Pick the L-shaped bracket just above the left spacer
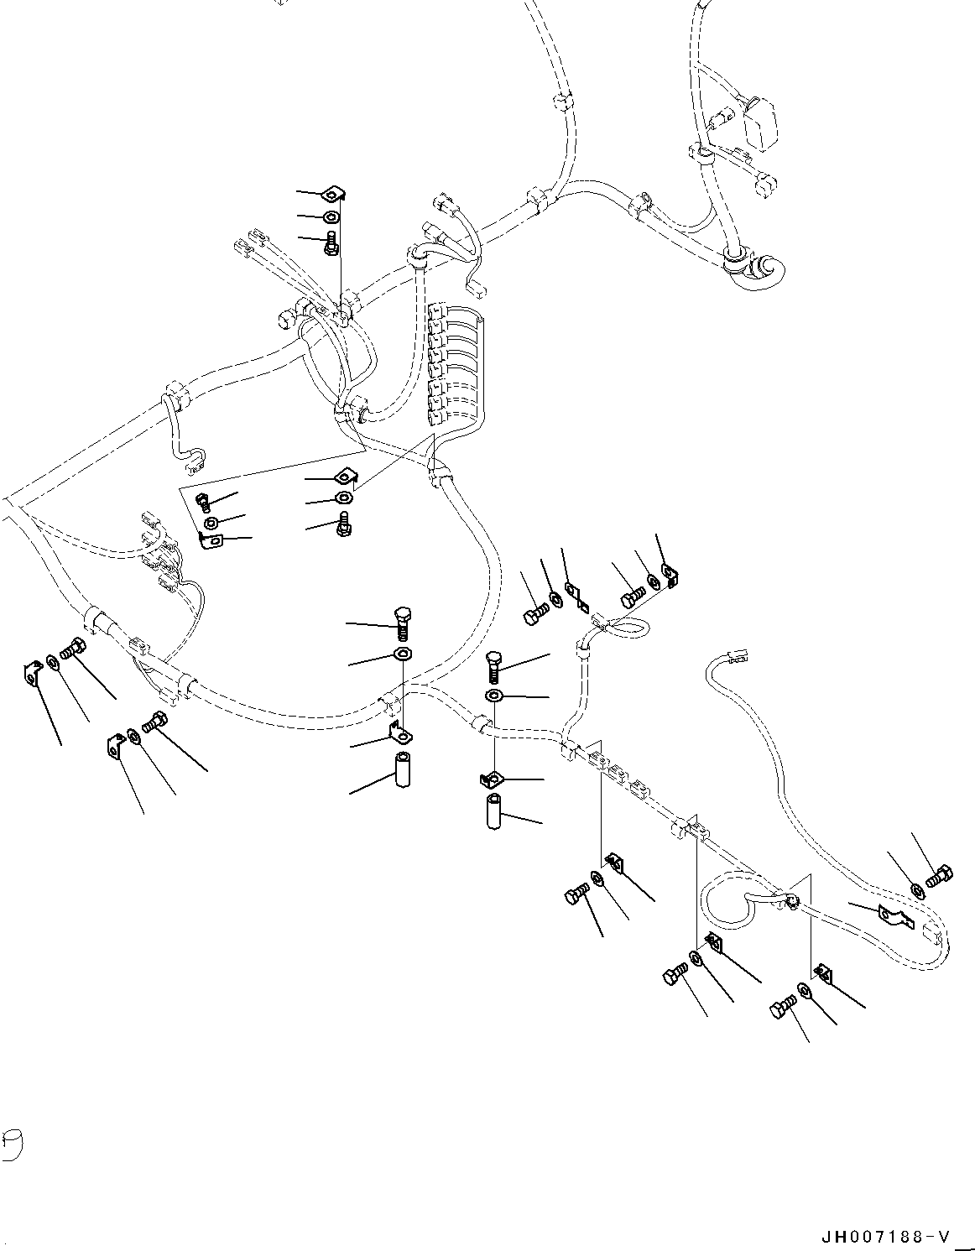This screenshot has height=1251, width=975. click(401, 733)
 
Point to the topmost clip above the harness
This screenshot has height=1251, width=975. click(335, 195)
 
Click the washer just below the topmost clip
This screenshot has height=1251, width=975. click(332, 218)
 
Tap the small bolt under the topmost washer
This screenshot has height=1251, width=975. click(331, 243)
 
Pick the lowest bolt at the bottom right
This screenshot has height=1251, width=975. click(782, 1007)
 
